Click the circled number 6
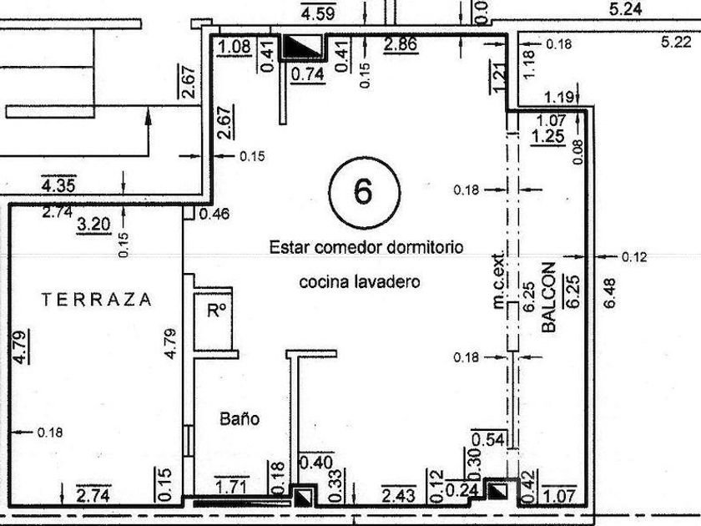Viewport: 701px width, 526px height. point(364,191)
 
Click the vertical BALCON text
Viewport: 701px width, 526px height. point(548,299)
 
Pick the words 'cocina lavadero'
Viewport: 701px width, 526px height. point(360,282)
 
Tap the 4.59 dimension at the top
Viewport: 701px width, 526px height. point(318,13)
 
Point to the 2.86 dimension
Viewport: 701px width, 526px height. point(401,44)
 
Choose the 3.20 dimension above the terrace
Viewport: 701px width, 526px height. point(93,224)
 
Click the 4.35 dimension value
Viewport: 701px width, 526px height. point(58,184)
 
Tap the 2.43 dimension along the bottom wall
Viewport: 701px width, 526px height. point(397,496)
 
